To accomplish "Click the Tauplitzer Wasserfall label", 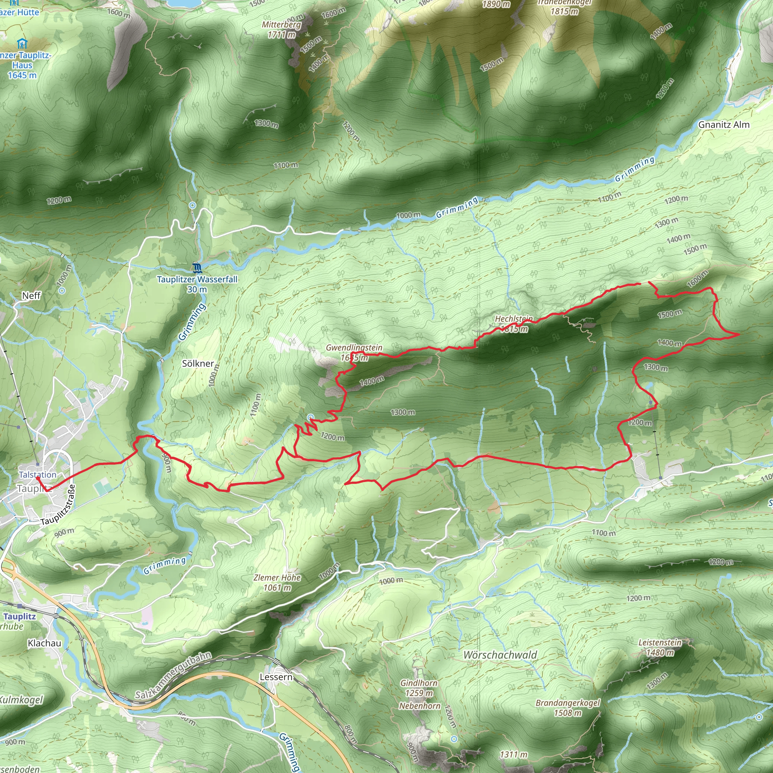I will coord(197,279).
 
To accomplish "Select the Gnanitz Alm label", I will coord(724,125).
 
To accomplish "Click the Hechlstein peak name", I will coord(514,319).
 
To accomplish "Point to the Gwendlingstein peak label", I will coord(354,348).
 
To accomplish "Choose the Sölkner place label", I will coord(198,363).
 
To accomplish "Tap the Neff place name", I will coord(31,296).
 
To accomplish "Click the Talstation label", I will coord(38,474).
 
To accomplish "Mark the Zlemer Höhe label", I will coord(277,577).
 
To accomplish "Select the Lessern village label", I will coord(276,677).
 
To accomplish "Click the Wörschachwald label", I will coord(500,655).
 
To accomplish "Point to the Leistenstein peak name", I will coord(660,642).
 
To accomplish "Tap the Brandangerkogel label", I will coord(568,703).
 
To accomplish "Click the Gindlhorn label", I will coord(419,683).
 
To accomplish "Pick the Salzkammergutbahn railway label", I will coord(173,675).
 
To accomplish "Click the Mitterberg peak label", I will coord(281,25).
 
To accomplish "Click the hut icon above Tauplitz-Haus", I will coord(22,43).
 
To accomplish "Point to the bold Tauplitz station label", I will coord(20,617).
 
